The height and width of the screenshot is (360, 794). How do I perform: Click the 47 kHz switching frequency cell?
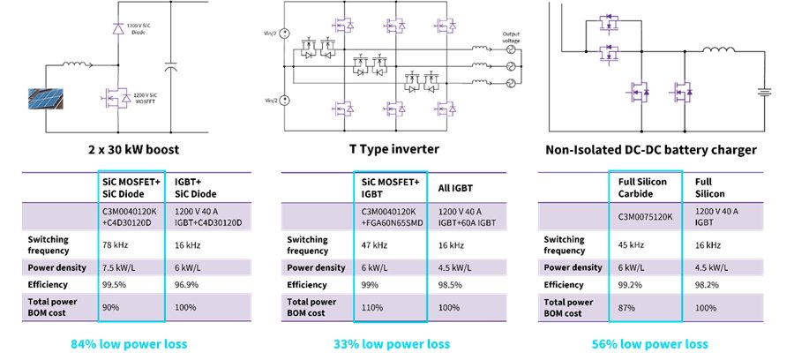(x=375, y=244)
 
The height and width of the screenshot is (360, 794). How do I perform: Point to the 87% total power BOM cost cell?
(x=627, y=308)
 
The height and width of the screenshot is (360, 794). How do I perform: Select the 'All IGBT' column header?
(x=456, y=188)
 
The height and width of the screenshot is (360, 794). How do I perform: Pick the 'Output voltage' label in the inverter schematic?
(x=513, y=38)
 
